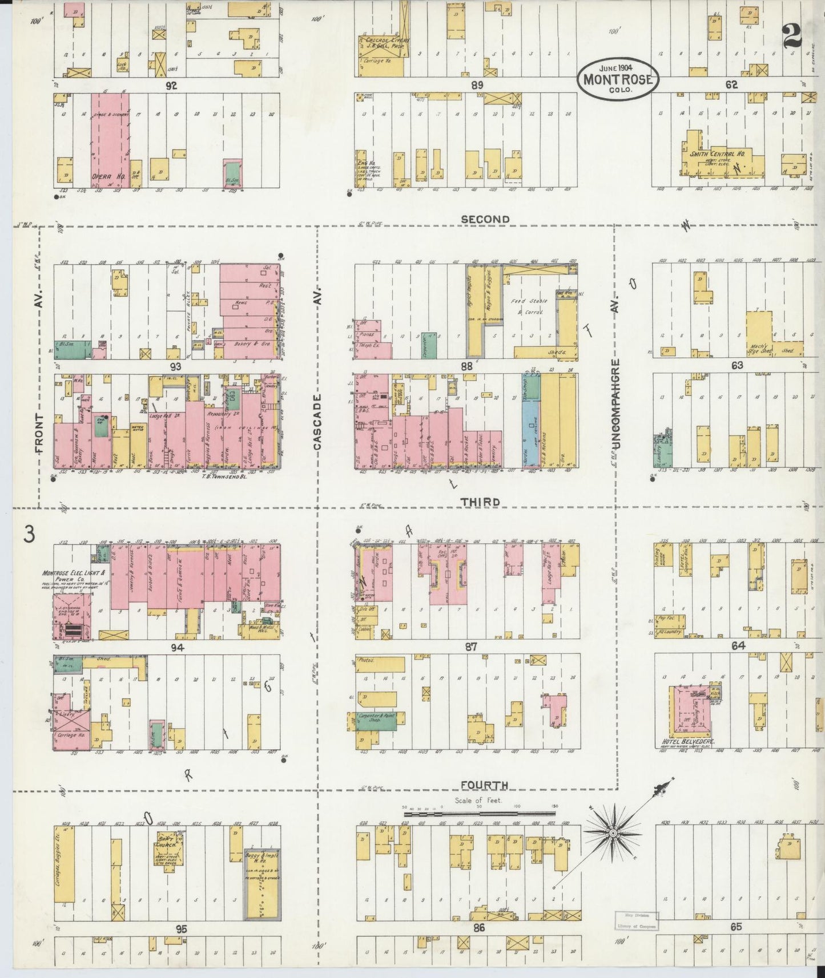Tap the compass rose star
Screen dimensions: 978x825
click(613, 834)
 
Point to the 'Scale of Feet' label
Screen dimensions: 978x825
click(478, 800)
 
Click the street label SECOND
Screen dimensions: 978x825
click(485, 219)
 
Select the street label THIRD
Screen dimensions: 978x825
click(480, 502)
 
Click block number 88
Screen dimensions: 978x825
click(466, 366)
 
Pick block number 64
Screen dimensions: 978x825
click(738, 646)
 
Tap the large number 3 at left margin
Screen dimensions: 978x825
click(29, 535)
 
